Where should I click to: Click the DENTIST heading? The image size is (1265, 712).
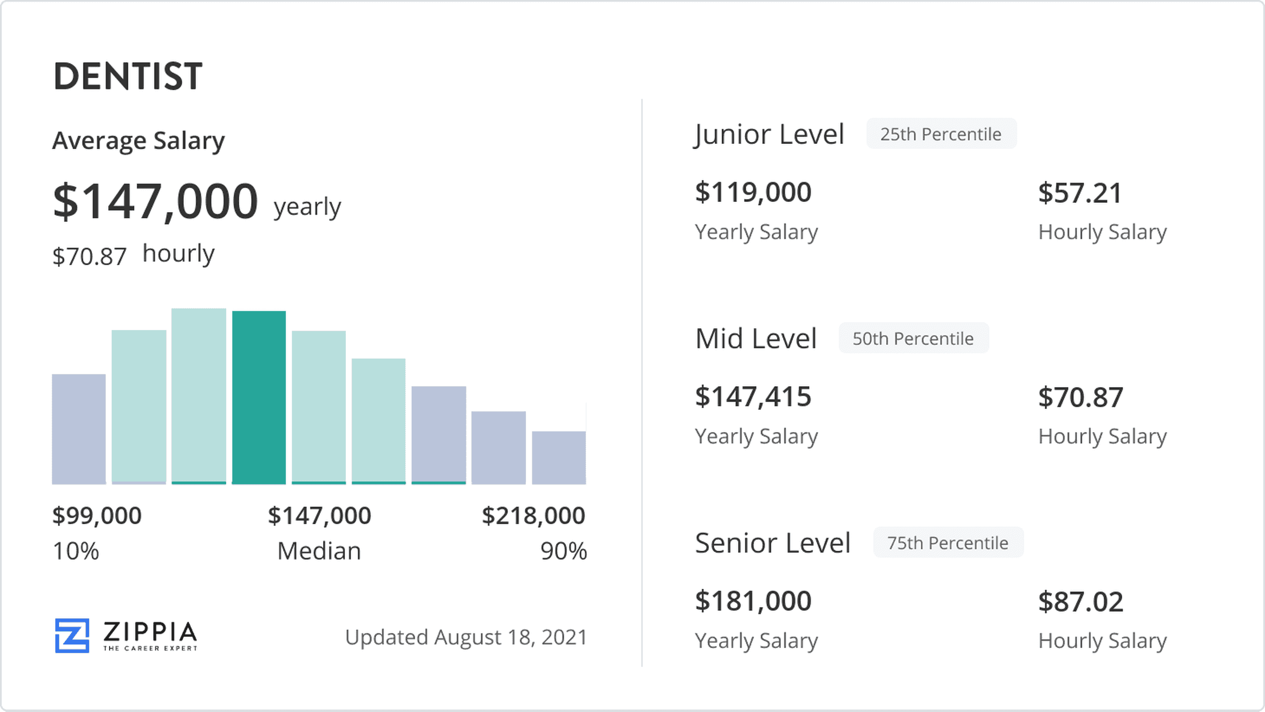tap(128, 76)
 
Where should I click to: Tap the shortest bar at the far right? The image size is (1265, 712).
tap(559, 457)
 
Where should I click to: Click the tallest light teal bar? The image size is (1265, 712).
tap(199, 396)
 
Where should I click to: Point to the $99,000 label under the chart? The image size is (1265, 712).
tap(97, 515)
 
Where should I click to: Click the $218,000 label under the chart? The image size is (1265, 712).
tap(533, 515)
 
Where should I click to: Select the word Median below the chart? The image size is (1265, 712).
tap(319, 551)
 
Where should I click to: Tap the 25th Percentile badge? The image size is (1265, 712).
tap(941, 134)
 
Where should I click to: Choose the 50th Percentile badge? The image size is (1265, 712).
tap(913, 339)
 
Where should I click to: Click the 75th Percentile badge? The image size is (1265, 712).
tap(948, 543)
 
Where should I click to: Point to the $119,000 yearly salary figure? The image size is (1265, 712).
tap(753, 192)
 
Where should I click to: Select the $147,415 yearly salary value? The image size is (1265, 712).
tap(753, 397)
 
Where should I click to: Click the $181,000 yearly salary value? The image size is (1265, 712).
tap(753, 601)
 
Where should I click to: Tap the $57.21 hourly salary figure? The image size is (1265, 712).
tap(1080, 193)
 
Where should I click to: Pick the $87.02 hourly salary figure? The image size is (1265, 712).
tap(1081, 602)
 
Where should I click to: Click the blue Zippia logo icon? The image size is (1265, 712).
tap(72, 636)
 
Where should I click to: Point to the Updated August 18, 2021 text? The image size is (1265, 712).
tap(466, 637)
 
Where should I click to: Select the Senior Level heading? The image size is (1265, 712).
tap(773, 543)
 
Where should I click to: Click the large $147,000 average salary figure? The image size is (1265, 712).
tap(155, 202)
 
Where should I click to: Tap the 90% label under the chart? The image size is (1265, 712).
tap(563, 551)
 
